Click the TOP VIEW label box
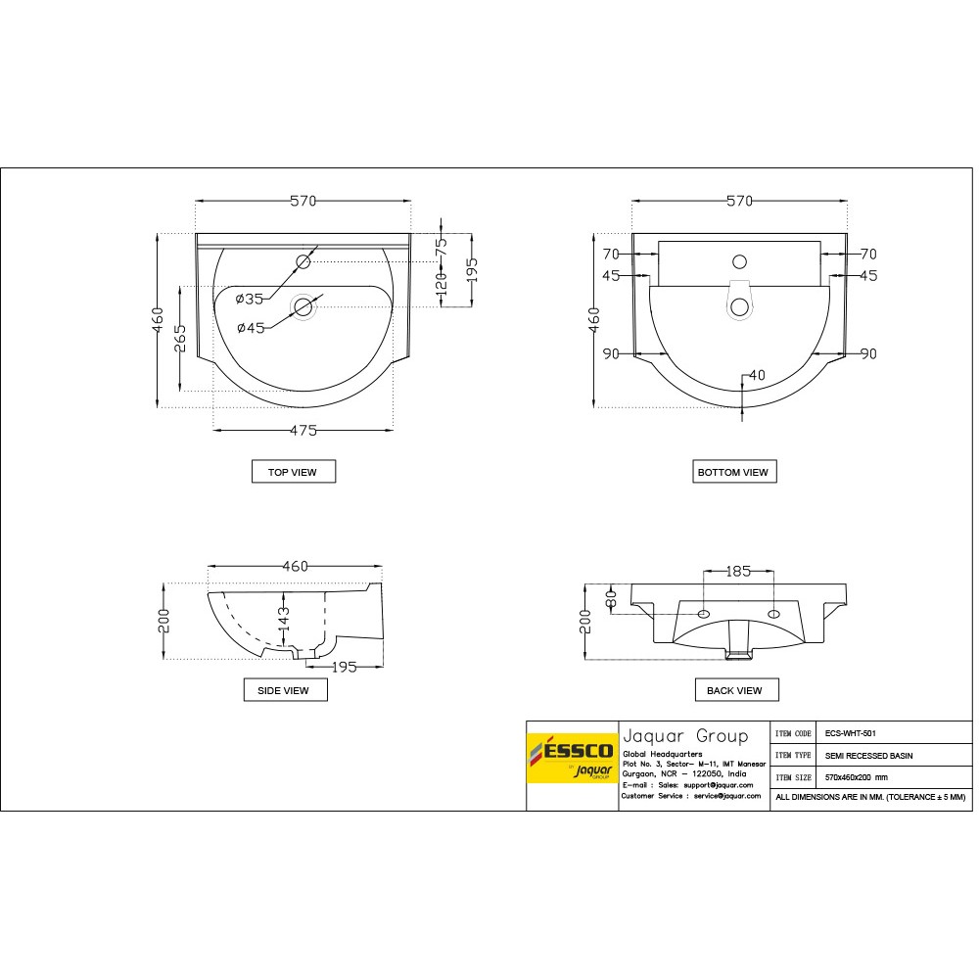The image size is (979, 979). (293, 472)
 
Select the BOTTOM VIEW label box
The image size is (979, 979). (732, 472)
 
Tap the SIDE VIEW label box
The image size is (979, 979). (284, 690)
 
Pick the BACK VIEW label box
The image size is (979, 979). (734, 690)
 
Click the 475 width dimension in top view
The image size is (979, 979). (303, 429)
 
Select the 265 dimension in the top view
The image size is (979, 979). (181, 340)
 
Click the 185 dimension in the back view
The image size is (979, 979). (739, 571)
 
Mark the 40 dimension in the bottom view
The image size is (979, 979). (757, 375)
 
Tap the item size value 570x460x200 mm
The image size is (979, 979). (857, 777)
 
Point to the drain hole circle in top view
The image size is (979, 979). (303, 307)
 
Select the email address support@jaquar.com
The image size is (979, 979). (719, 785)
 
